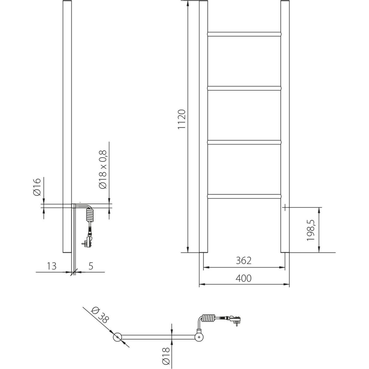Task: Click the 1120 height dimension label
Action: pos(182,119)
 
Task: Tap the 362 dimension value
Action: pos(243,261)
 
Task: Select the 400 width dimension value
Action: pos(243,278)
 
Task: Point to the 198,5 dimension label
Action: pos(310,230)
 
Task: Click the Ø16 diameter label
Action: pos(37,187)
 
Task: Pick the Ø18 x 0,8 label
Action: pos(102,169)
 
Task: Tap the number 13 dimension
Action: pos(52,266)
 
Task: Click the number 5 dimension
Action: pos(91,266)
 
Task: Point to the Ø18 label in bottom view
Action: pos(166,356)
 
